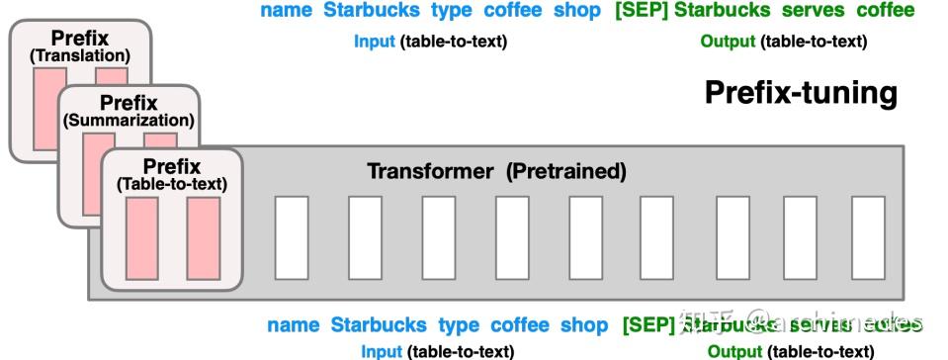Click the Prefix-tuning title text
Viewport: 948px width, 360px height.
801,94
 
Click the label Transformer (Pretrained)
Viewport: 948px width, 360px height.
496,171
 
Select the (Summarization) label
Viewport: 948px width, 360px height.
129,121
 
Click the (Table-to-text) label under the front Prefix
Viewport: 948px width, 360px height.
172,183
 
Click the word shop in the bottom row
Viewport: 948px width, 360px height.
584,324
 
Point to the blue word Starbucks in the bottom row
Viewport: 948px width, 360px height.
379,324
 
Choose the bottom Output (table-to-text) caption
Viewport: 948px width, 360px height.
790,351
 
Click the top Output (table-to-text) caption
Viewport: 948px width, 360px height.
783,42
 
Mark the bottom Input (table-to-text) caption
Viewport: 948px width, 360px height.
437,351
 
